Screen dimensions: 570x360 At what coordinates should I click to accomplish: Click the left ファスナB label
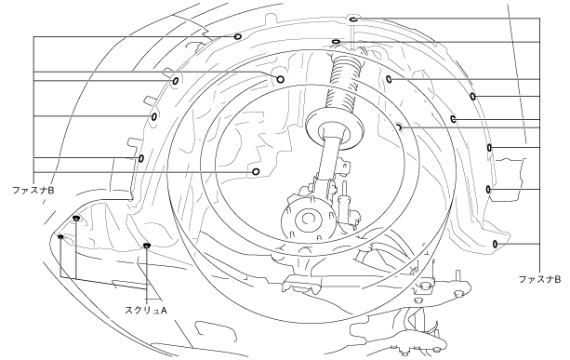coord(33,190)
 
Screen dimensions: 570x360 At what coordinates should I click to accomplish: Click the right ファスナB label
coord(539,279)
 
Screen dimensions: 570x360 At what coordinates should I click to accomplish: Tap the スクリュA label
coord(145,310)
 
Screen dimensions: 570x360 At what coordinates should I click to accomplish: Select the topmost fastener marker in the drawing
coord(353,20)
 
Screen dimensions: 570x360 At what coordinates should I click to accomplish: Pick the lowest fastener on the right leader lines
coord(495,244)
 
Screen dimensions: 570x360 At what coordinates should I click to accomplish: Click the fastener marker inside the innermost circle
coord(256,172)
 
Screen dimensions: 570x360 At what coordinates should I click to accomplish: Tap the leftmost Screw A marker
coord(60,237)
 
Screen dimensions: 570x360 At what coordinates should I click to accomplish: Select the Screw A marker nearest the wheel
coord(147,246)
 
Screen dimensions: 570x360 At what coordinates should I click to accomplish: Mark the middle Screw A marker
coord(75,218)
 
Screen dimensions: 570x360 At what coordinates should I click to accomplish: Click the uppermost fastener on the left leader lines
coord(238,36)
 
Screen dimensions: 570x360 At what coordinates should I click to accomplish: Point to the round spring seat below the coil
coord(334,128)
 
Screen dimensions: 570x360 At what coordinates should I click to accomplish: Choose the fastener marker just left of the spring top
coord(280,79)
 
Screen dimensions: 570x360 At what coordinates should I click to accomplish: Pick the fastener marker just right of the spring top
coord(389,79)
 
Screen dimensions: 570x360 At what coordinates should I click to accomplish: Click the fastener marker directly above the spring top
coord(336,42)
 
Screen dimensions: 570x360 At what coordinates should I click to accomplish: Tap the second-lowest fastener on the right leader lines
coord(488,190)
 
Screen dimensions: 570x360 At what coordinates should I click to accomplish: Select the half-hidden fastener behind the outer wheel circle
coord(399,127)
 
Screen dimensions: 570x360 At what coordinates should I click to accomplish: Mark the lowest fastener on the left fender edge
coord(141,158)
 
